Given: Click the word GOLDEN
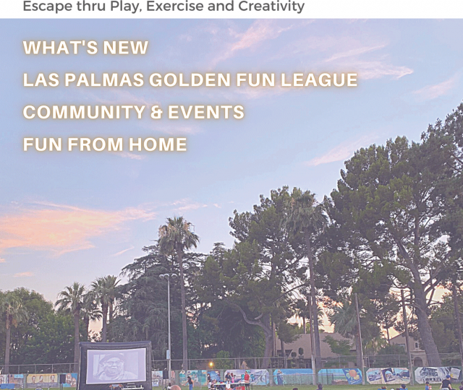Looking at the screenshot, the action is [190, 80].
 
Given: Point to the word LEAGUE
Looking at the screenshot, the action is [319, 80].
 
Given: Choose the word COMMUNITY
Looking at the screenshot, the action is [84, 112].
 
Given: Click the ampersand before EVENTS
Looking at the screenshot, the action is [156, 112].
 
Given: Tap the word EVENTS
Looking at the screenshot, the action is [206, 112].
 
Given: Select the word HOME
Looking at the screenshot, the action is [158, 144].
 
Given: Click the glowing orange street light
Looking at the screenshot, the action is [211, 364].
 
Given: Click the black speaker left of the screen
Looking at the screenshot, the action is [63, 378].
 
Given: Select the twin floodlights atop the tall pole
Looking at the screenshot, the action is [169, 276].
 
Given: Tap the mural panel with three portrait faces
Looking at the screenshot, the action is [42, 379].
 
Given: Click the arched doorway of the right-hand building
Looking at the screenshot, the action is [419, 362].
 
